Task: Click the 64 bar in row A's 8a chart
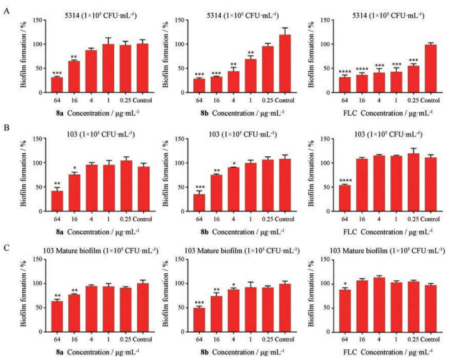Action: (x=57, y=84)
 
